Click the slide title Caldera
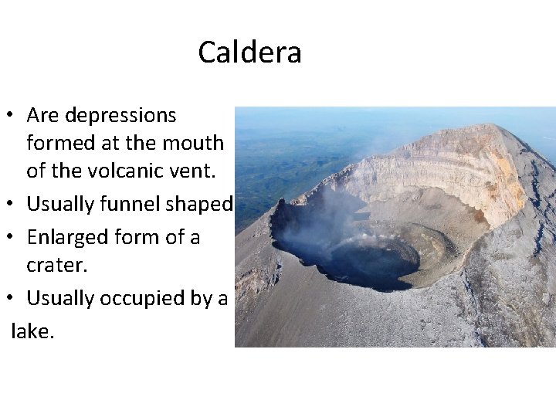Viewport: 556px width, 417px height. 249,53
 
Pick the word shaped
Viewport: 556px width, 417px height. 205,205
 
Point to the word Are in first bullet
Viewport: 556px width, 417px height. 43,116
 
